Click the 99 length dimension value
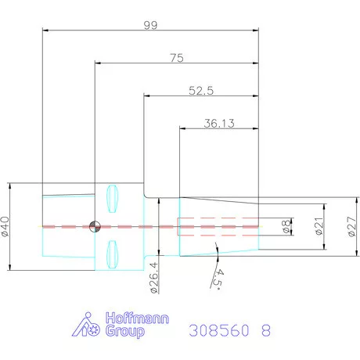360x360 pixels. (151, 25)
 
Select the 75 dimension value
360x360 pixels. (177, 58)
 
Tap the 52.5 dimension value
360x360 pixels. (201, 91)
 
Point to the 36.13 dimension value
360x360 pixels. (219, 124)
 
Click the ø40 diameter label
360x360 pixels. (5, 227)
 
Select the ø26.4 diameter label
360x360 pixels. (154, 278)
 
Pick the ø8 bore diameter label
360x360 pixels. (286, 226)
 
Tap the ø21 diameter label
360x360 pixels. (319, 226)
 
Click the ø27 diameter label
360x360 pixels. (352, 226)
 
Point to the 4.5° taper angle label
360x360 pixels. (218, 279)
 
